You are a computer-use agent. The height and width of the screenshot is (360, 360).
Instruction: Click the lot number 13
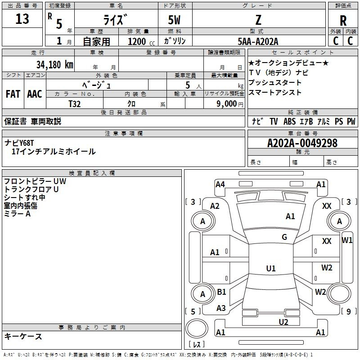tap(22, 19)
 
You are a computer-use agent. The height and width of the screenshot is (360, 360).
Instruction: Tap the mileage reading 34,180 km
tap(55, 64)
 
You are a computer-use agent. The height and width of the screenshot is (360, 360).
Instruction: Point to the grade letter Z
tap(258, 20)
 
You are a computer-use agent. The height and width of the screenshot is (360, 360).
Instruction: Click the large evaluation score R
tap(343, 21)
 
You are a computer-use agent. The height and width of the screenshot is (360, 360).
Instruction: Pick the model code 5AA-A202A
tap(258, 41)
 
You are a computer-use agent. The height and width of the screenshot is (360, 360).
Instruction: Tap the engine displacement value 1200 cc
tap(140, 41)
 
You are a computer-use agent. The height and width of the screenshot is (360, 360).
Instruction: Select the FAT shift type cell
tap(13, 94)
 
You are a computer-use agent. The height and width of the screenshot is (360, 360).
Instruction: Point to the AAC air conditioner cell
tap(34, 94)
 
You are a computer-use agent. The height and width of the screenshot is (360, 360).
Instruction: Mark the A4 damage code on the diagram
tap(220, 184)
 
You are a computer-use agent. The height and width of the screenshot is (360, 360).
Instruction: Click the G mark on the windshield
tap(284, 237)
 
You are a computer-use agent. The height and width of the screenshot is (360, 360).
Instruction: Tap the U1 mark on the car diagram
tap(271, 268)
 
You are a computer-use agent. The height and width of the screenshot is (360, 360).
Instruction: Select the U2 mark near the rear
tap(283, 321)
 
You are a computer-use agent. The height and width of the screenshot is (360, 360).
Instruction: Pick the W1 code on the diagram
tap(347, 240)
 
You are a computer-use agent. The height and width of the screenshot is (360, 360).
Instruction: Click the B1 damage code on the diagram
tap(221, 292)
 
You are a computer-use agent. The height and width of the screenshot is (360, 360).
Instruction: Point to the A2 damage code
tap(215, 206)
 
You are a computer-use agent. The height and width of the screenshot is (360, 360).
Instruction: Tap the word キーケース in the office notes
tap(23, 336)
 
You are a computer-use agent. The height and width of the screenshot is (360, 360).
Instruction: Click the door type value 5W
tap(175, 20)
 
